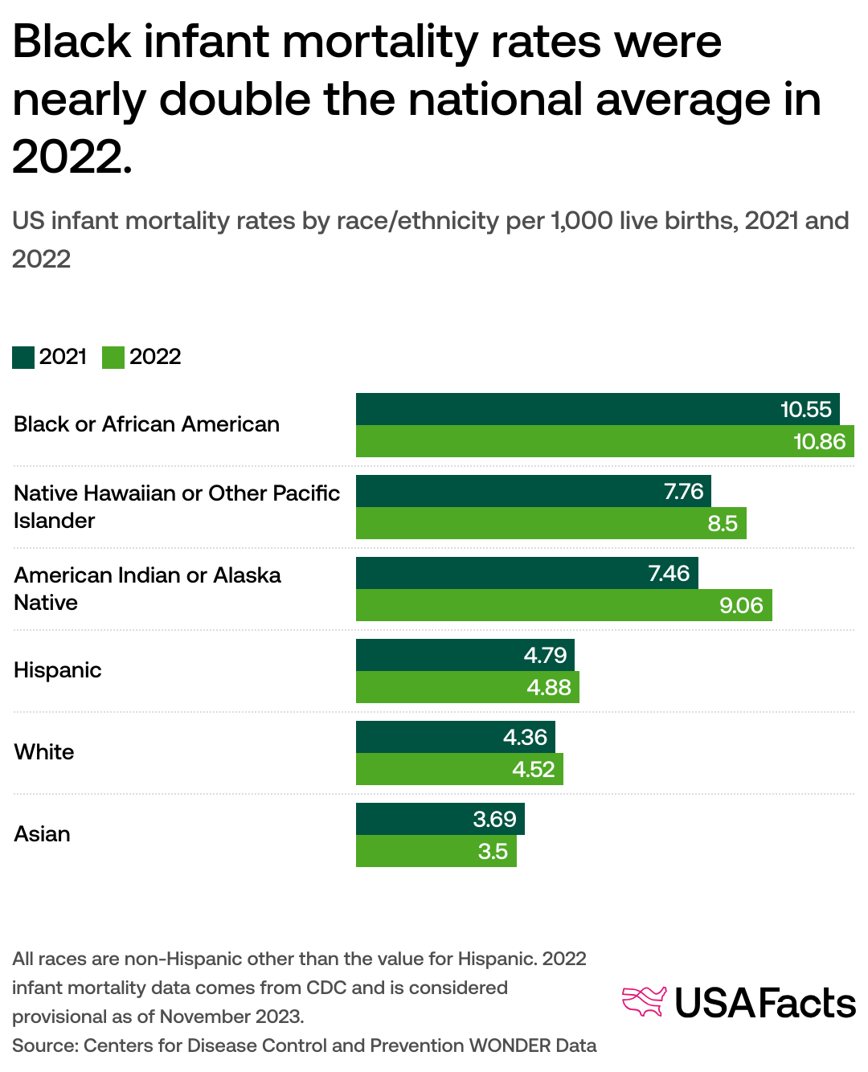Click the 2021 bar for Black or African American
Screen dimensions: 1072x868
click(x=597, y=409)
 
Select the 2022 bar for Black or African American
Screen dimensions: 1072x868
click(x=604, y=441)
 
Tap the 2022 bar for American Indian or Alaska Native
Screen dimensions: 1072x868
click(x=563, y=605)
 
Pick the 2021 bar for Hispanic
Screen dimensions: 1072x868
click(x=465, y=655)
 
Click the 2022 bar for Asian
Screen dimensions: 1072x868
click(x=436, y=851)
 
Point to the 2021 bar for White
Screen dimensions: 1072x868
click(x=455, y=737)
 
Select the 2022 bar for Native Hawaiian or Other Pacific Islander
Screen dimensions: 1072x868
click(x=551, y=523)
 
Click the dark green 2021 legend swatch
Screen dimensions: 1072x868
click(x=23, y=357)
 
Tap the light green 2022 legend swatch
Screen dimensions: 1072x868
click(x=113, y=357)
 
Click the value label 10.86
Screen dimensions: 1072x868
click(x=819, y=441)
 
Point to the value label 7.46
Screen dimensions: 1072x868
click(x=669, y=573)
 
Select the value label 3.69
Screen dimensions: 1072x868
click(x=494, y=819)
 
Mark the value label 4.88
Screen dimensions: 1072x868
click(x=549, y=687)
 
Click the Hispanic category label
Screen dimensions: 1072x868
click(x=58, y=670)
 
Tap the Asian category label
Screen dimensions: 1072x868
click(x=43, y=834)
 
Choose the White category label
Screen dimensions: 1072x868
click(x=44, y=752)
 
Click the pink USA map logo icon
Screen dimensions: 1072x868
click(x=645, y=1001)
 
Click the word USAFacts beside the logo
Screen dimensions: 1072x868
click(x=765, y=1003)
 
